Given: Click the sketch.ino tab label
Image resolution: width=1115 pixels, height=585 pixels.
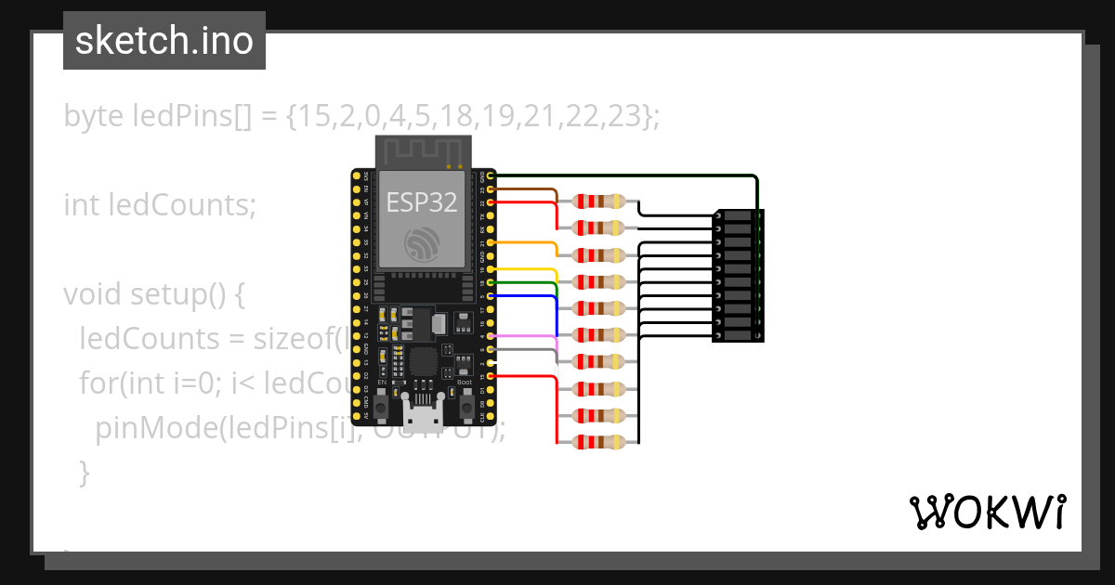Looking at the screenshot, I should (164, 41).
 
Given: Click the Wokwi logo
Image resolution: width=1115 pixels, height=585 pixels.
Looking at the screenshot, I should (987, 512).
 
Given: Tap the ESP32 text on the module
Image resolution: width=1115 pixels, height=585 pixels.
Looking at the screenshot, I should (422, 202).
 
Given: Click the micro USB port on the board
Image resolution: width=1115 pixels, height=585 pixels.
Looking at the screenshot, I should (423, 406).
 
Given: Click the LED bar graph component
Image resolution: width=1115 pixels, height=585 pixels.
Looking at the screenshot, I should (738, 275).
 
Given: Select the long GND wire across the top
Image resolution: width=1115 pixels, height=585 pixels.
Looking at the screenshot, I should (623, 175).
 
